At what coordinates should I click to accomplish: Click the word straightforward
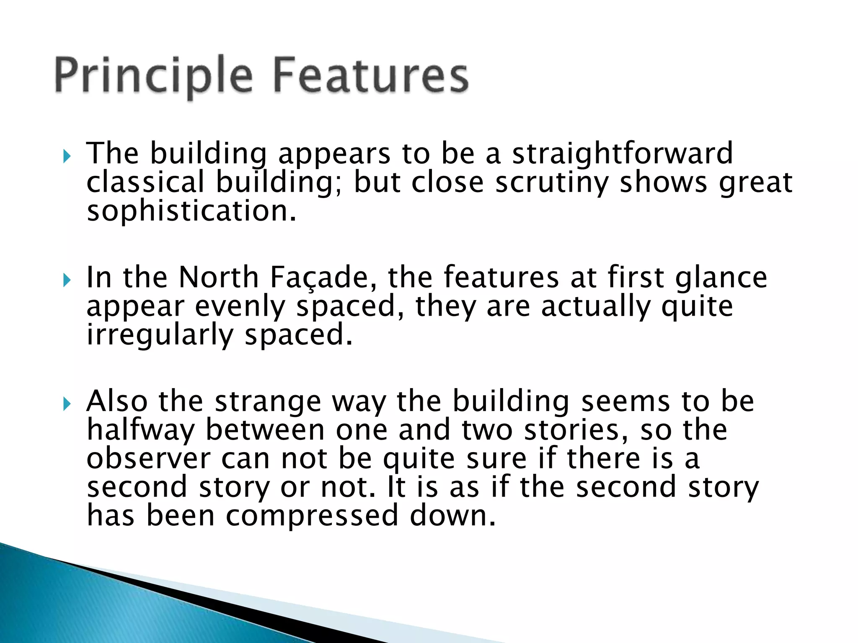tap(623, 154)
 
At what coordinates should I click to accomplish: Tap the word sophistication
tap(191, 211)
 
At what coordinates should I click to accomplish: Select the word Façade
tap(323, 278)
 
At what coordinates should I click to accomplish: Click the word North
tap(219, 278)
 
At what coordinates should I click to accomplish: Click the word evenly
tap(240, 307)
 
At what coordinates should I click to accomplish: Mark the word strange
tap(268, 402)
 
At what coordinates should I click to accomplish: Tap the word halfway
tap(141, 430)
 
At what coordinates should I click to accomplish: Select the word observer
tap(148, 459)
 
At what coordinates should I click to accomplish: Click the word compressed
tap(312, 516)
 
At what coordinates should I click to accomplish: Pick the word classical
tap(145, 183)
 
